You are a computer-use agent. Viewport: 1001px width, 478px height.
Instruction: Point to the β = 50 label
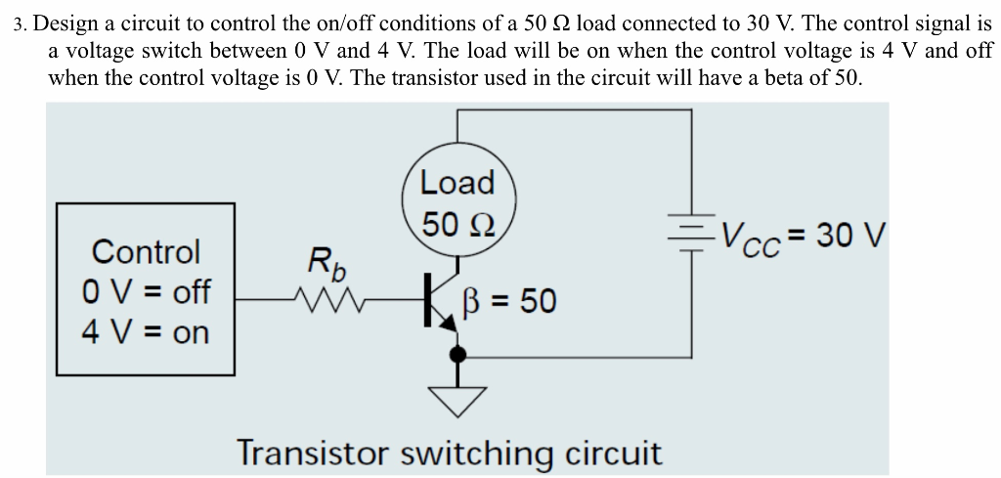pos(515,301)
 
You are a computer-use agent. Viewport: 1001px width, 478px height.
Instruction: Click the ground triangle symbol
pos(457,394)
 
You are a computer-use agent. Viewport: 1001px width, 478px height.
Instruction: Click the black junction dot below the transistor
pos(457,356)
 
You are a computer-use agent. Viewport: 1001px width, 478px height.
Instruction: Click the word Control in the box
pos(146,252)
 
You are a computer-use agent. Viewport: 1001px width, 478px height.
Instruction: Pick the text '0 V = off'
pos(146,292)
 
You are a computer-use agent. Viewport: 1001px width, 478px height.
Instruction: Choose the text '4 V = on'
pos(146,332)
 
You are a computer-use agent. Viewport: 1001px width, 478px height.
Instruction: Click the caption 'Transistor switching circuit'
pos(450,454)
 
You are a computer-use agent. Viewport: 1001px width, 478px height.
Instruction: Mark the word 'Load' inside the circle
pos(457,183)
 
